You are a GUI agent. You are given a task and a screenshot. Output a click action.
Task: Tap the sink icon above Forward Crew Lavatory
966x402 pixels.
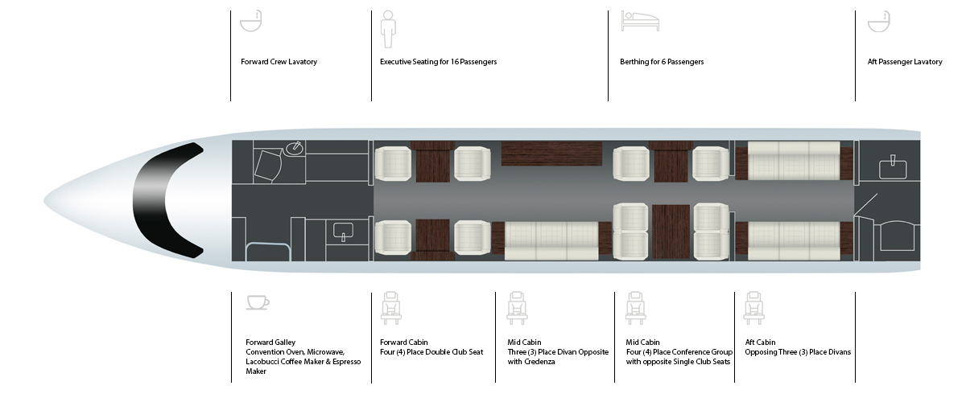pos(251,21)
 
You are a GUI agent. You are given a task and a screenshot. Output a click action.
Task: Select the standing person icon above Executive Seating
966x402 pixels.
pos(388,29)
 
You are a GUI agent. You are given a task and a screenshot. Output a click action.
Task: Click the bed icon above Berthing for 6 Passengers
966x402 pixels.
pos(640,21)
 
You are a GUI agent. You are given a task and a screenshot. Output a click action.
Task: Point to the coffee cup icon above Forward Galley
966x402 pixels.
pos(258,302)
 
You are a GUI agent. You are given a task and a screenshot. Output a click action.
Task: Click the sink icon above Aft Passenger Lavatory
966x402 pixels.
pos(879,21)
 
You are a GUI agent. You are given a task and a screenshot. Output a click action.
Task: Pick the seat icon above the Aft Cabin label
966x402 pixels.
pos(753,308)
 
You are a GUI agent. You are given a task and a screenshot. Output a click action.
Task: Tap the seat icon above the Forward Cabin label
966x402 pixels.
pos(391,308)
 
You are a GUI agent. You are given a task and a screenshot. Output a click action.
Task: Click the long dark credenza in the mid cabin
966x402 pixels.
pos(551,154)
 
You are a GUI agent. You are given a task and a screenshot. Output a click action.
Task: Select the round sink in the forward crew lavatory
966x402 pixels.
pos(295,148)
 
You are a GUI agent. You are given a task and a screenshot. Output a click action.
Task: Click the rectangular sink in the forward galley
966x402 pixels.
pos(343,232)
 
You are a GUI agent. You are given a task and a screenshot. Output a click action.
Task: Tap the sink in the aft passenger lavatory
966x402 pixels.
pos(893,167)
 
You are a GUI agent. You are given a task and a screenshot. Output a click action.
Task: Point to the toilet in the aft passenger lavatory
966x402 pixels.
pos(897,236)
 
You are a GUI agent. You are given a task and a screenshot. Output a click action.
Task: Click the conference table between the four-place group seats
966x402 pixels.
pos(671,232)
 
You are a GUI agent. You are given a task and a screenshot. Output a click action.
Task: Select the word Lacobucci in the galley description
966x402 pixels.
pos(262,362)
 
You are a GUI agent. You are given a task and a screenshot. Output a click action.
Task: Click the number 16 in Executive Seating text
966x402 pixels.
pos(455,62)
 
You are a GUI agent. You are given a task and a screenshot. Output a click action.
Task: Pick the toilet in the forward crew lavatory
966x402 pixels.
pos(268,165)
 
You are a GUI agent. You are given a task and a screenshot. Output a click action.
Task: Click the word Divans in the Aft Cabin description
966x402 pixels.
pos(840,352)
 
